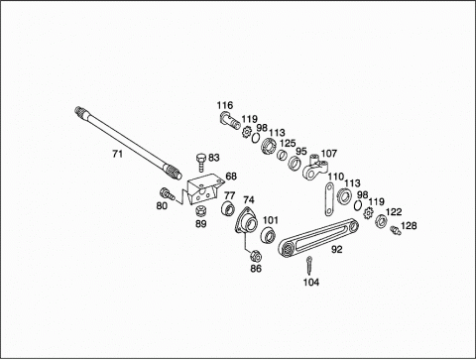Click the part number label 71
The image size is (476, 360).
tap(117, 154)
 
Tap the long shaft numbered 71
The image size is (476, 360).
tap(128, 143)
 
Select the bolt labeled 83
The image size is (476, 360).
tap(200, 163)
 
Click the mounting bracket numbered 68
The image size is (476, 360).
tap(203, 190)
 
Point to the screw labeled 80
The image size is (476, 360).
tap(167, 193)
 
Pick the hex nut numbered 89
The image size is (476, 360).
tap(201, 210)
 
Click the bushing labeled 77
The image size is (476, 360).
tap(228, 207)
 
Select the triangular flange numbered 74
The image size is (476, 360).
tap(248, 221)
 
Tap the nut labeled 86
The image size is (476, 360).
tap(256, 255)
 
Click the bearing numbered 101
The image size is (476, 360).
tap(268, 235)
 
